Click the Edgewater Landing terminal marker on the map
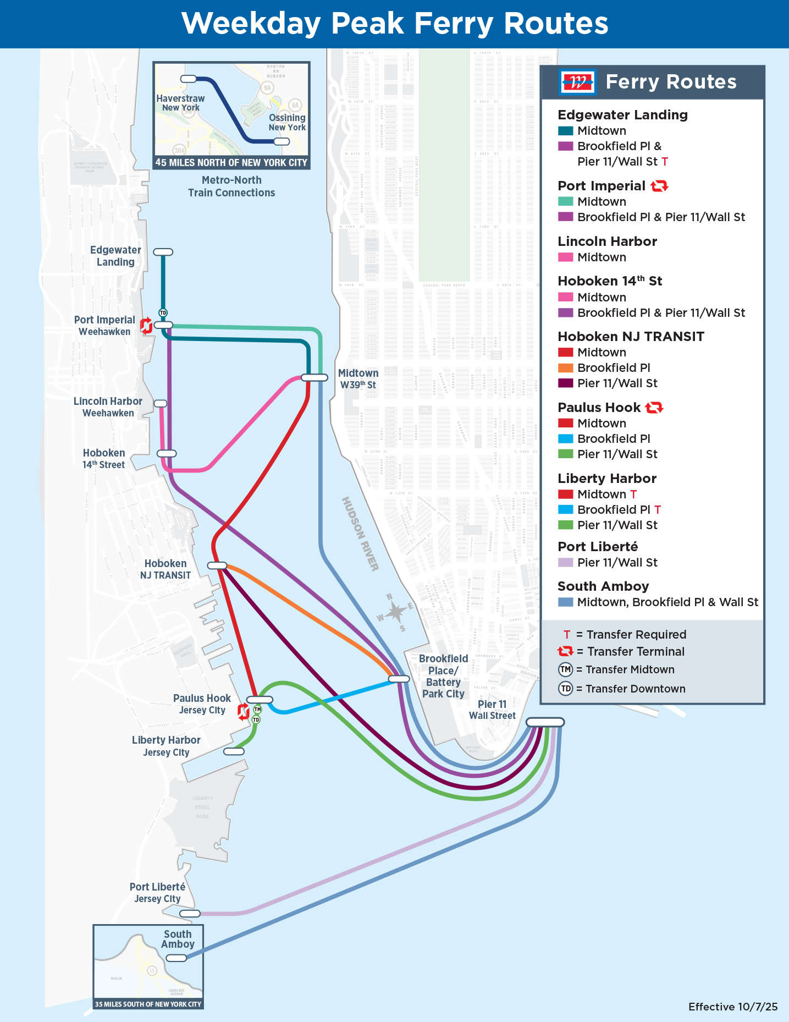[163, 252]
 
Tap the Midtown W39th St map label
[358, 379]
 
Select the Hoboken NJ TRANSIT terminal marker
[217, 565]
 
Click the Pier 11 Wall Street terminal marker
[545, 722]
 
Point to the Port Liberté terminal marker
[190, 914]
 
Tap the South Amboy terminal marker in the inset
[176, 958]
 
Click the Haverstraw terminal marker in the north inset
[188, 79]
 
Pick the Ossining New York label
[287, 122]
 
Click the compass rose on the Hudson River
[395, 612]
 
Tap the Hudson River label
[360, 534]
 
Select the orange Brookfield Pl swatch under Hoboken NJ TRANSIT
[565, 368]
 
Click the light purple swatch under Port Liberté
[565, 563]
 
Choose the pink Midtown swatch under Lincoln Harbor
[565, 257]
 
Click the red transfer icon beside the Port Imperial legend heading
[659, 186]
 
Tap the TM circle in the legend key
[565, 669]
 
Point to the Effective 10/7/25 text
[732, 1007]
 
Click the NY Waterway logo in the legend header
[577, 82]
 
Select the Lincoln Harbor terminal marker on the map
[160, 403]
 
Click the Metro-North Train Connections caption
[231, 186]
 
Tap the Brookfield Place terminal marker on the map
[399, 679]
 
